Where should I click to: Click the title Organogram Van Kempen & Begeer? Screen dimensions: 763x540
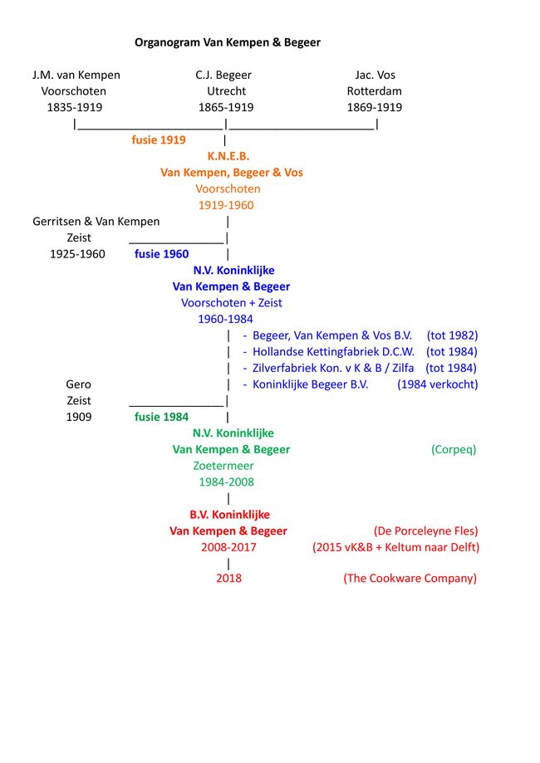tap(227, 42)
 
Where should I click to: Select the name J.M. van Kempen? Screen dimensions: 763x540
tap(76, 76)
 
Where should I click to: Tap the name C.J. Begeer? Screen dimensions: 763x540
tap(223, 76)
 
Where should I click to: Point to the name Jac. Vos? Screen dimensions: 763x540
tap(375, 76)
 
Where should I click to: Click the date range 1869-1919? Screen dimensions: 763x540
tap(375, 108)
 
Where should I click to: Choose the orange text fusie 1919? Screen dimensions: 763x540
tap(159, 139)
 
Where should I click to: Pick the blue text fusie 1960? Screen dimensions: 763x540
tap(161, 254)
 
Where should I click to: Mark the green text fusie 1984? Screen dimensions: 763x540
tap(161, 417)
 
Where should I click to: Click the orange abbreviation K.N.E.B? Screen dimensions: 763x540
tap(228, 156)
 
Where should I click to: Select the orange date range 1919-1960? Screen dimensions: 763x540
tap(226, 205)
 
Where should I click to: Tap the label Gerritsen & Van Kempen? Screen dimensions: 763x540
tap(96, 222)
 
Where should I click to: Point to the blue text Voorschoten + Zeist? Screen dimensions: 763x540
tap(232, 303)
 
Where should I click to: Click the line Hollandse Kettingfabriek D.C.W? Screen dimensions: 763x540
tap(333, 352)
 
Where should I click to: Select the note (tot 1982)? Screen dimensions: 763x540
tap(452, 335)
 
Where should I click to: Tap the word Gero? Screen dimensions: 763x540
tap(78, 384)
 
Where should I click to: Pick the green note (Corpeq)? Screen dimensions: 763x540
tap(454, 449)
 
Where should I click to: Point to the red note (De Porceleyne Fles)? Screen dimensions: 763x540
tap(426, 531)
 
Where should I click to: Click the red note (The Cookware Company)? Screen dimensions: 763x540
tap(410, 579)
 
